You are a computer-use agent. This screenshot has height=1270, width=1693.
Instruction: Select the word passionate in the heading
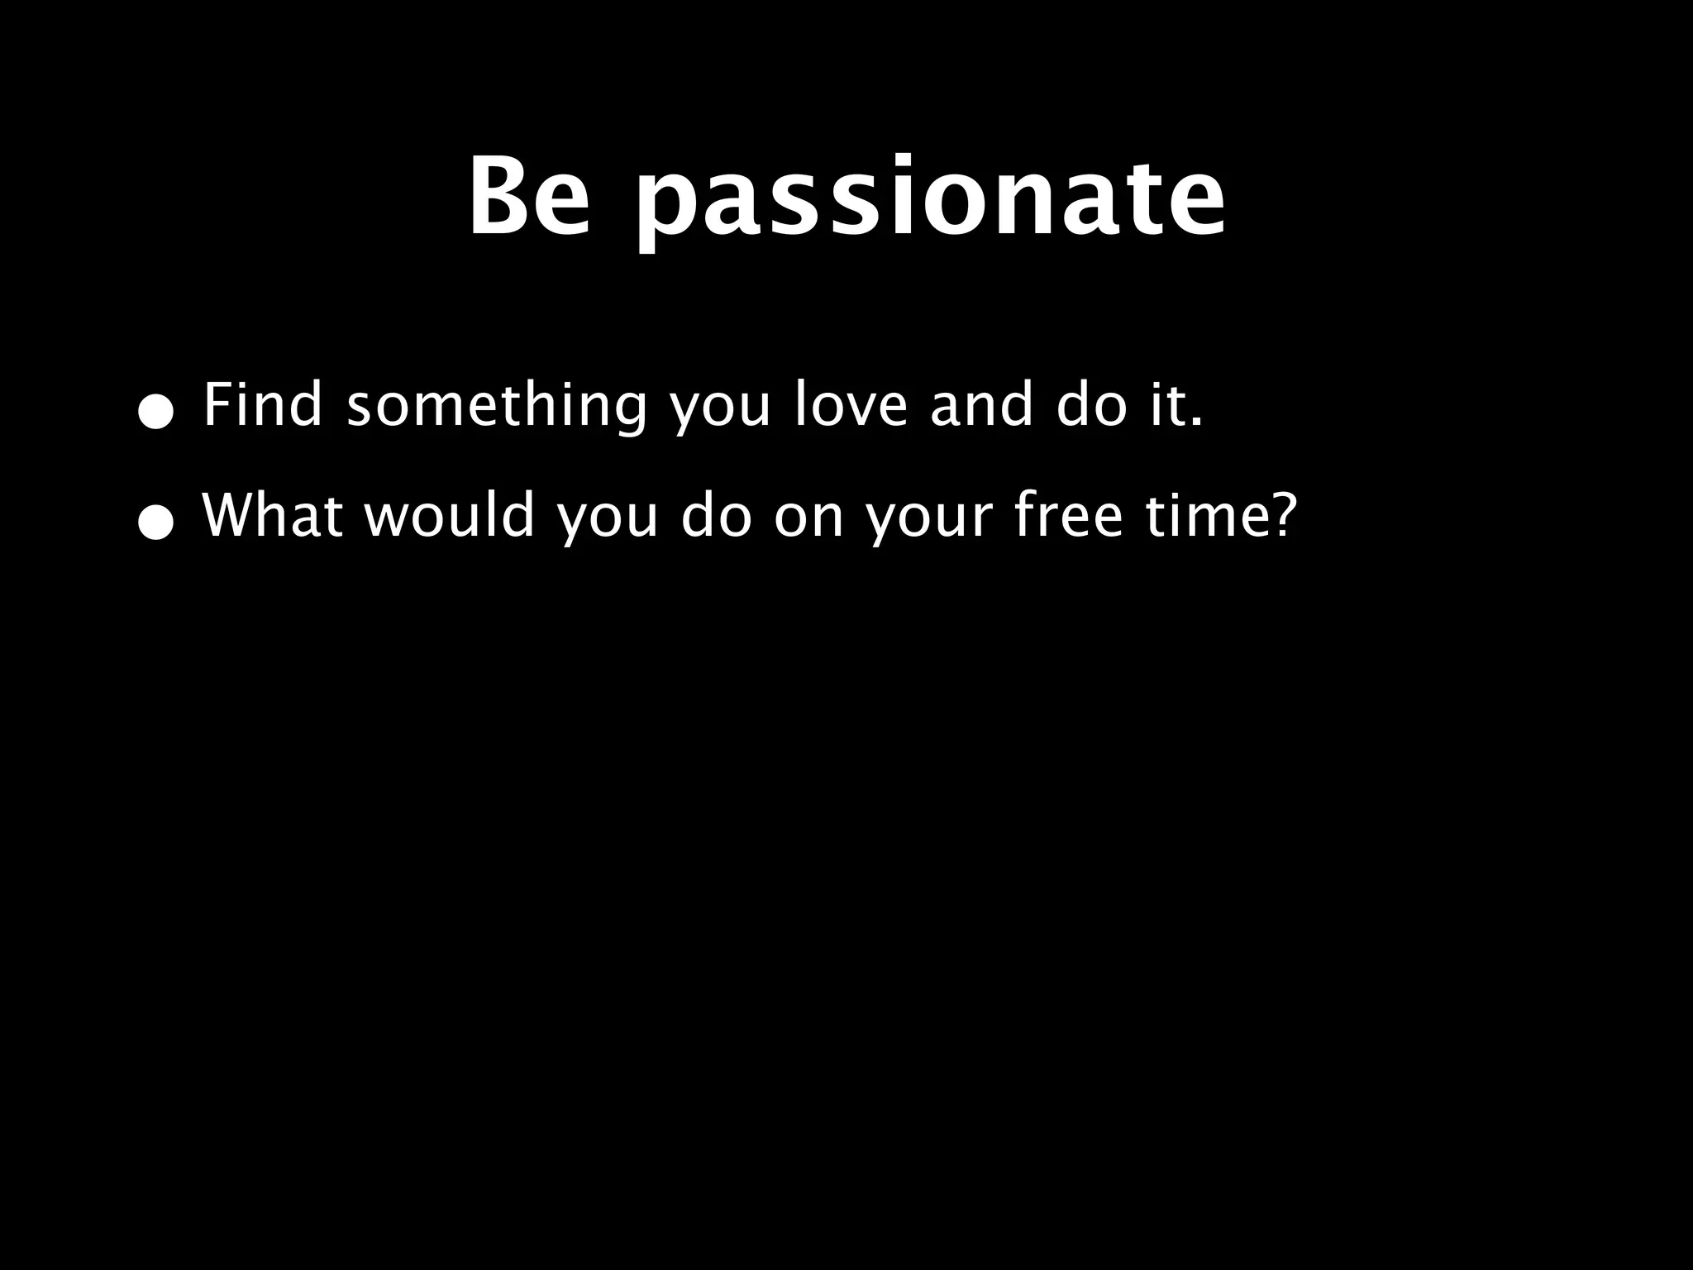(x=929, y=203)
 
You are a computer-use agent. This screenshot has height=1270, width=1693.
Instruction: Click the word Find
(x=262, y=405)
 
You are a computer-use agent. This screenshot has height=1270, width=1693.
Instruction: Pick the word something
(x=496, y=407)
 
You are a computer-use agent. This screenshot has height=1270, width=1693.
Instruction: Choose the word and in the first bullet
(x=981, y=405)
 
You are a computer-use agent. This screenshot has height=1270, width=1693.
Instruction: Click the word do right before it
(x=1091, y=405)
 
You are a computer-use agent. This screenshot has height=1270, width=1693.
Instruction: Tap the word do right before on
(x=717, y=515)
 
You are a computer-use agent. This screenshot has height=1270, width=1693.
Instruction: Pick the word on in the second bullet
(x=809, y=518)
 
